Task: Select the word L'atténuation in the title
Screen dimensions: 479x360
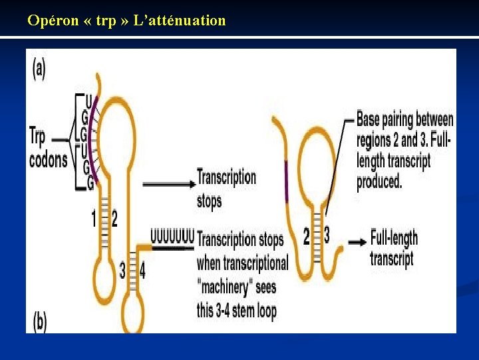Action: (180, 21)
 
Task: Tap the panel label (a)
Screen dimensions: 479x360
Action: (39, 69)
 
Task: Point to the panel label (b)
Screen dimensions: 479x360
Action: (39, 323)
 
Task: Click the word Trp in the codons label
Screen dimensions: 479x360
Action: (38, 138)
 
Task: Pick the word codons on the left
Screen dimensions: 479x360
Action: (48, 160)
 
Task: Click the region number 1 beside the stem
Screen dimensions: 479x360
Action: (94, 219)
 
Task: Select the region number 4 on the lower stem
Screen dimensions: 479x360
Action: (142, 270)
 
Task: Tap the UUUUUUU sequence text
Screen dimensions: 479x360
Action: (172, 235)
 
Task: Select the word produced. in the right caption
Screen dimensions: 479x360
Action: (379, 181)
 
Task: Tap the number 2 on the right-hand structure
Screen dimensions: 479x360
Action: (307, 235)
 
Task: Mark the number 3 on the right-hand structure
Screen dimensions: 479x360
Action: (326, 235)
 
